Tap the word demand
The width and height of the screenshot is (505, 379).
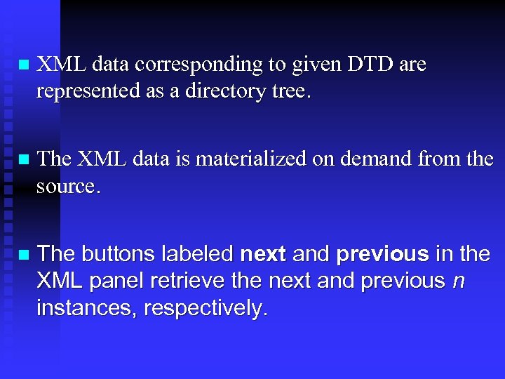[x=377, y=159]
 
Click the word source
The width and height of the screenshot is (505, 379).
[x=67, y=186]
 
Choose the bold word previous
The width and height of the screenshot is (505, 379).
[x=382, y=254]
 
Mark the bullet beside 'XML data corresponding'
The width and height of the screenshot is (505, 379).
[x=23, y=65]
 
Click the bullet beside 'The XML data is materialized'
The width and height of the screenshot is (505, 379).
[x=23, y=159]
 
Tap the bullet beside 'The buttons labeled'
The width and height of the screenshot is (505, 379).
[x=23, y=254]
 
